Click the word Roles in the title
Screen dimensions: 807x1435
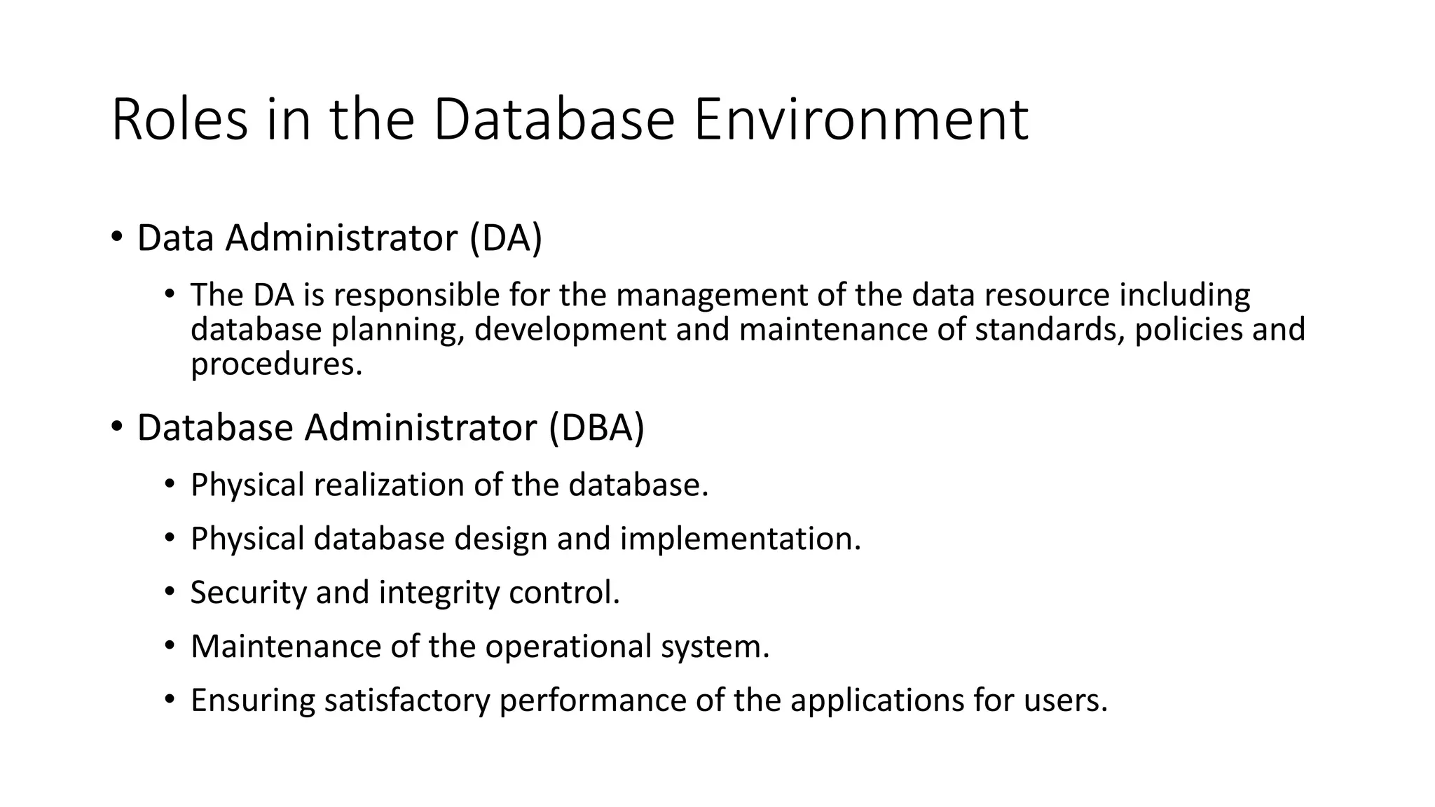tap(179, 120)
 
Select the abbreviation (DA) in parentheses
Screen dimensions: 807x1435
tap(506, 238)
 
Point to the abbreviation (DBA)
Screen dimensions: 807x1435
tap(596, 428)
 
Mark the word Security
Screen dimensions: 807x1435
tap(249, 593)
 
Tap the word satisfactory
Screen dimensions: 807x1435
tap(406, 701)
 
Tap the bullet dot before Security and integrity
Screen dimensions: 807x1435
tap(169, 592)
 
